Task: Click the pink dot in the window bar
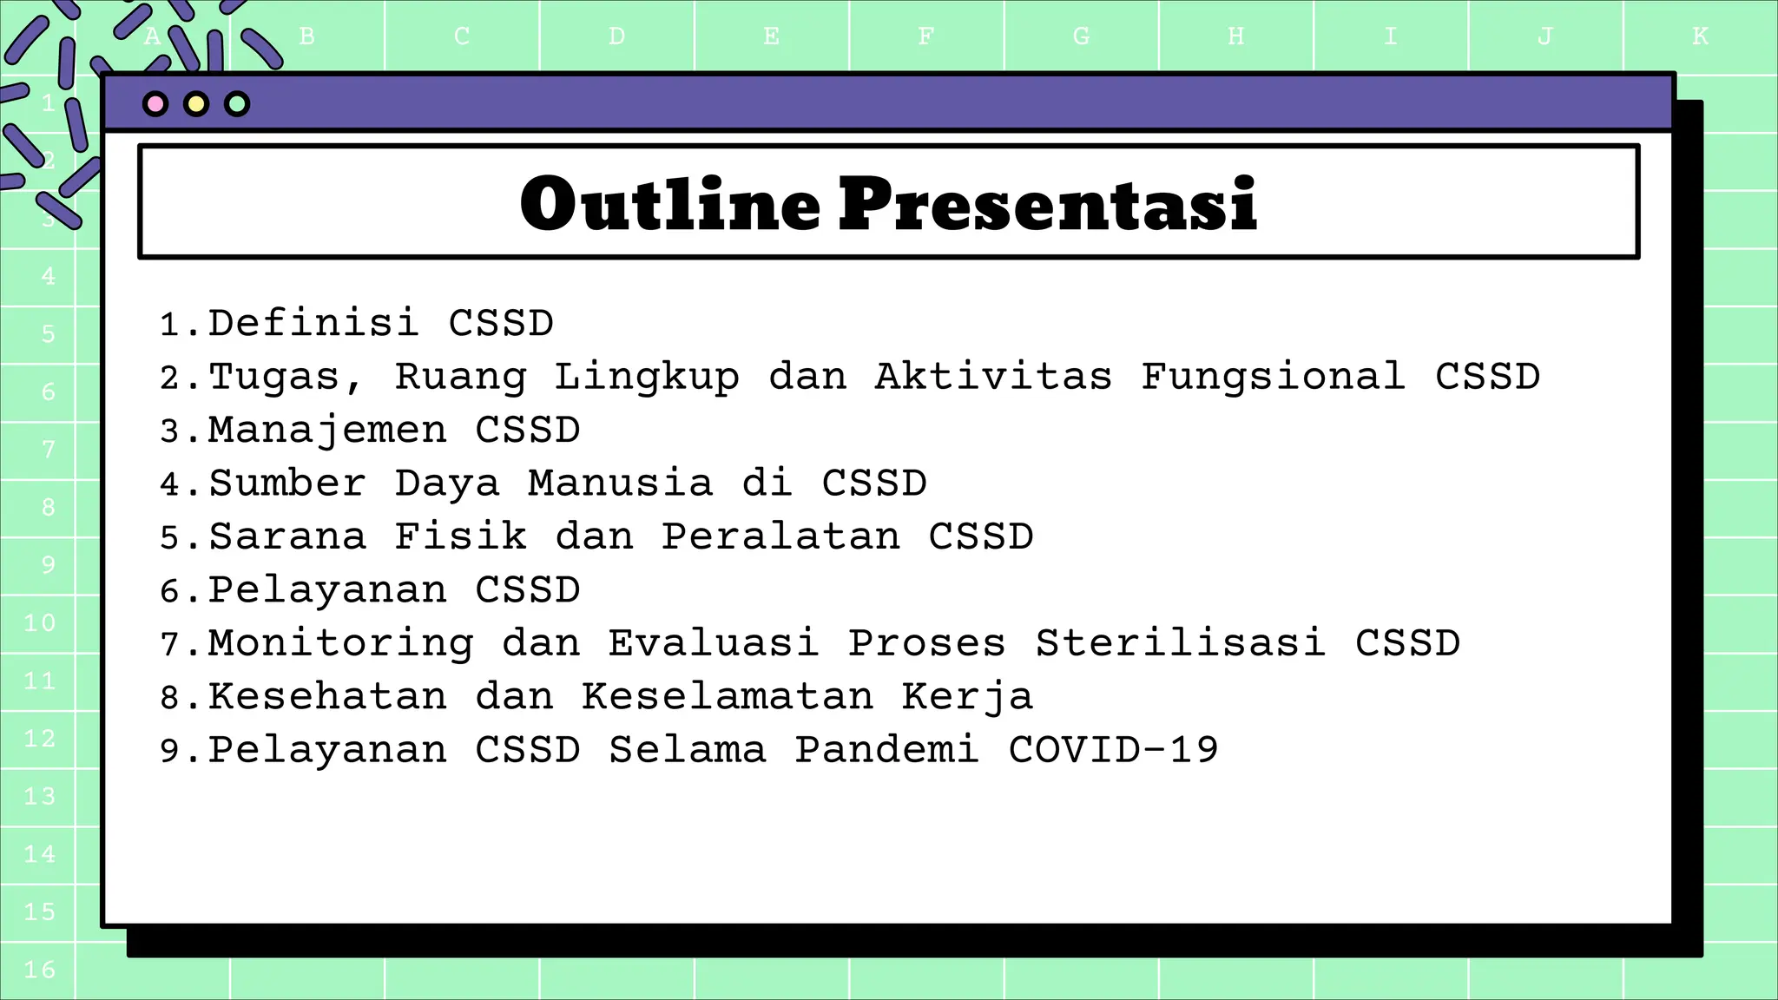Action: click(x=155, y=104)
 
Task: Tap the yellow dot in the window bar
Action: click(x=196, y=104)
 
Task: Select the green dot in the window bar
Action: click(x=237, y=104)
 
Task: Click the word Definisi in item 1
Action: click(x=313, y=324)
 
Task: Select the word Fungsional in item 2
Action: click(x=1273, y=377)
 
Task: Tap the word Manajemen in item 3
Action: click(x=327, y=431)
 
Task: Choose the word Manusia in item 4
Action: click(x=620, y=484)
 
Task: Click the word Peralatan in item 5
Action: click(x=780, y=537)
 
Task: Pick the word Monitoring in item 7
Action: click(x=340, y=644)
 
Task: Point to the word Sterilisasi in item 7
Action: click(x=1181, y=644)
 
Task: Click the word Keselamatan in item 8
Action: click(x=728, y=697)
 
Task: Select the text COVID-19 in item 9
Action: click(x=1114, y=750)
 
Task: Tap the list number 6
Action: click(x=169, y=592)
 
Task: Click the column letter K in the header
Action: click(x=1700, y=36)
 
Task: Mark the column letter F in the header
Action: click(x=925, y=36)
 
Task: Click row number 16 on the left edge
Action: click(x=40, y=970)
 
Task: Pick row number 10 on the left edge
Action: click(x=40, y=623)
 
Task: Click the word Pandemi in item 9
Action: click(x=887, y=750)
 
